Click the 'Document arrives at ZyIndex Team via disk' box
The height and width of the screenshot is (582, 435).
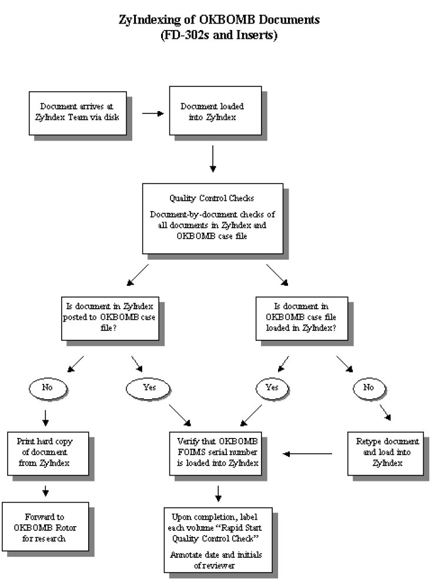78,113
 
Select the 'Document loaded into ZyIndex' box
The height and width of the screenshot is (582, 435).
215,111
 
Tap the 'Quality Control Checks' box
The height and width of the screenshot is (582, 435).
213,219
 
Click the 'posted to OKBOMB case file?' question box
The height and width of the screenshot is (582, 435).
111,319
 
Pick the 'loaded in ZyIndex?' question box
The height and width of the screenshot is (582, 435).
302,319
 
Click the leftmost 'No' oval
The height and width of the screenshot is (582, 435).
48,388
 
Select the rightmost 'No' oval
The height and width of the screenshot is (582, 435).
369,388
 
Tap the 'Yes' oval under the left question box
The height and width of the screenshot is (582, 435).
148,388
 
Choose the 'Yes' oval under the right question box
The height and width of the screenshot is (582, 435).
272,388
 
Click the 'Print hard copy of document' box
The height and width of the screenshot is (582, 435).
48,454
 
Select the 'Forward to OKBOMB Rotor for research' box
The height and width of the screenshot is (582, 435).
45,527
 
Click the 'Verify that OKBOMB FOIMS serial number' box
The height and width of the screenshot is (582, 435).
215,454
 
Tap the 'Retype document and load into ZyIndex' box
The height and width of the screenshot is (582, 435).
386,454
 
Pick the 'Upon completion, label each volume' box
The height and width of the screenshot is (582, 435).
218,540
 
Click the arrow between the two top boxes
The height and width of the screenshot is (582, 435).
153,113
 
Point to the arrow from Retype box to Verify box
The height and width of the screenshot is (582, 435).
307,454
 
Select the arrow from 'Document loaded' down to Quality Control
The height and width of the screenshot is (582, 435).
213,159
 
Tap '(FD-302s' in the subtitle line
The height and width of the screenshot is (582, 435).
185,35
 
